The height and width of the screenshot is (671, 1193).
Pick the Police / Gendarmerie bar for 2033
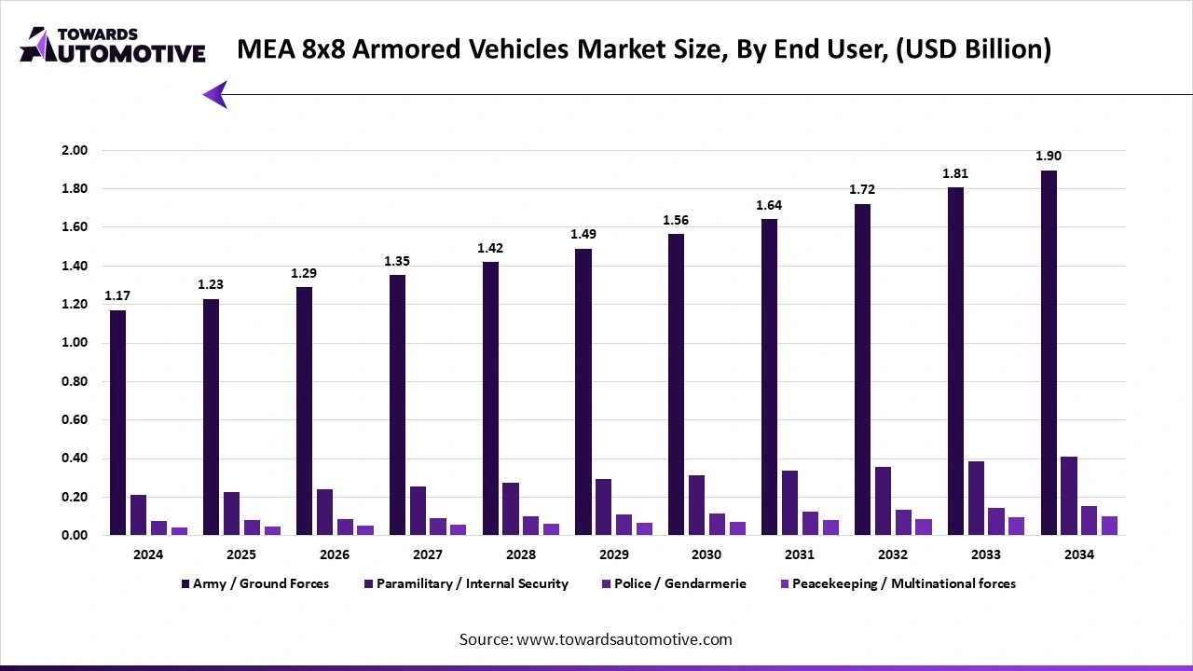pyautogui.click(x=996, y=521)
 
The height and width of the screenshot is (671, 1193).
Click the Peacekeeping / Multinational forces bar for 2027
pyautogui.click(x=458, y=529)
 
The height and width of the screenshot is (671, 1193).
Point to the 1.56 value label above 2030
pyautogui.click(x=677, y=220)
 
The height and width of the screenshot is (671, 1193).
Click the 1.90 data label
pyautogui.click(x=1049, y=156)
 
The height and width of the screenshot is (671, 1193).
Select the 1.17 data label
pyautogui.click(x=117, y=295)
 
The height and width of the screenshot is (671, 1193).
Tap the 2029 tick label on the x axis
pyautogui.click(x=613, y=555)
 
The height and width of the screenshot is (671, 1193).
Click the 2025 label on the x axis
pyautogui.click(x=240, y=555)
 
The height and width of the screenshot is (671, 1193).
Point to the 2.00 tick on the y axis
pyautogui.click(x=74, y=150)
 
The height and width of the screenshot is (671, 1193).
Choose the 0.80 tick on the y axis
pyautogui.click(x=74, y=381)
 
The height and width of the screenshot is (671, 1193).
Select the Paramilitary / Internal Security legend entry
pyautogui.click(x=470, y=583)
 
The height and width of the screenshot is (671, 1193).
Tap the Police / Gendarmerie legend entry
pyautogui.click(x=678, y=583)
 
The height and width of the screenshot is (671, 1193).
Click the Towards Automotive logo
pyautogui.click(x=112, y=45)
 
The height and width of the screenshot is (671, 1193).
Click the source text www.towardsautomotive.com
pyautogui.click(x=623, y=639)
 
